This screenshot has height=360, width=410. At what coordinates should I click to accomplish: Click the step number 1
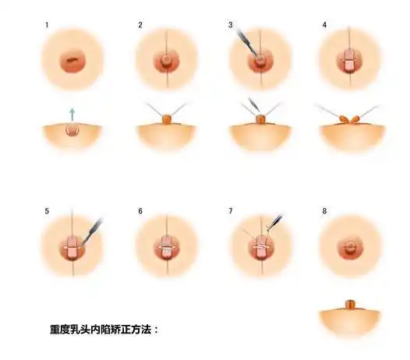(x=48, y=26)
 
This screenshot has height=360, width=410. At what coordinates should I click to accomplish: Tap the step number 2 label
(x=140, y=26)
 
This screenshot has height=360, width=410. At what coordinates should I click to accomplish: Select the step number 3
(x=232, y=26)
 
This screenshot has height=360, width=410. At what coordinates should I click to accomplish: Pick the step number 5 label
(x=48, y=211)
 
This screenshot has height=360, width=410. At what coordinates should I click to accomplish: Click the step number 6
(x=140, y=211)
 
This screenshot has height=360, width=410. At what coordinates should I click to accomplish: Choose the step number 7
(x=232, y=211)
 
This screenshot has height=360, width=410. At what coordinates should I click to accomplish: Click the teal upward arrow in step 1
(x=72, y=114)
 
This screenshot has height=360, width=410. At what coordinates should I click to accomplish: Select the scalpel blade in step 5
(x=94, y=228)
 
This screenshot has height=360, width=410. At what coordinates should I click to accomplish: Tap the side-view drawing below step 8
(x=350, y=315)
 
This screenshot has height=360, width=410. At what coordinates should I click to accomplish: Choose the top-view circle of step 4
(x=349, y=60)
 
